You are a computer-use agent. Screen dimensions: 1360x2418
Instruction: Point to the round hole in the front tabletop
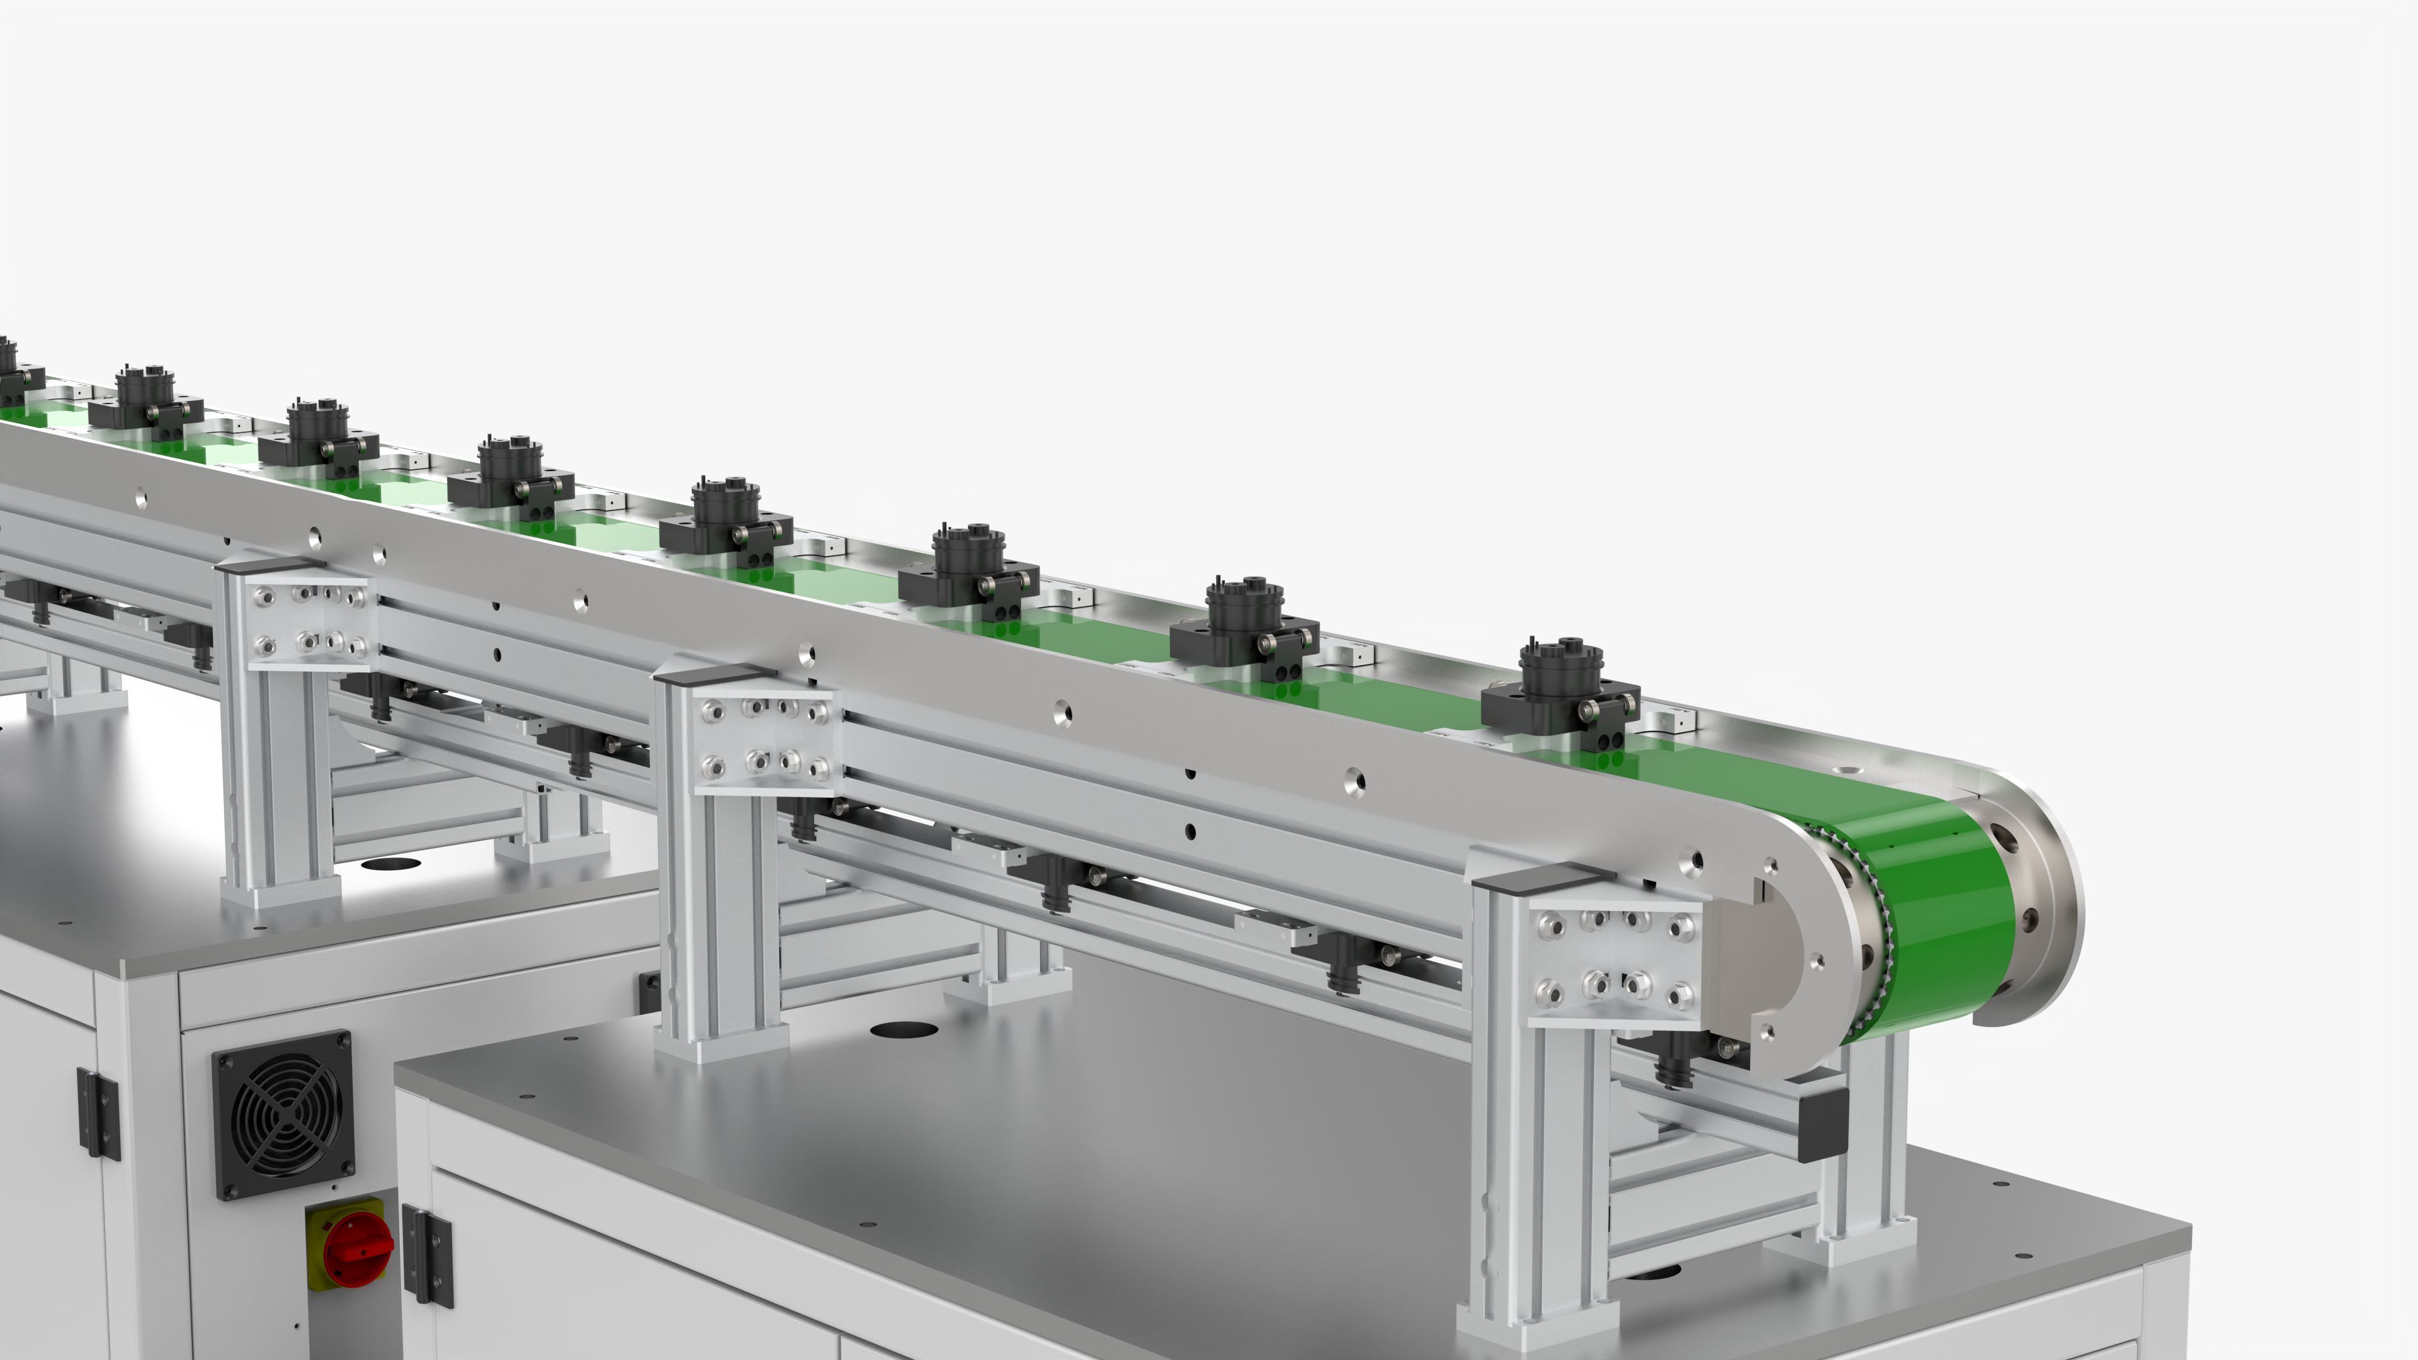(904, 1029)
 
